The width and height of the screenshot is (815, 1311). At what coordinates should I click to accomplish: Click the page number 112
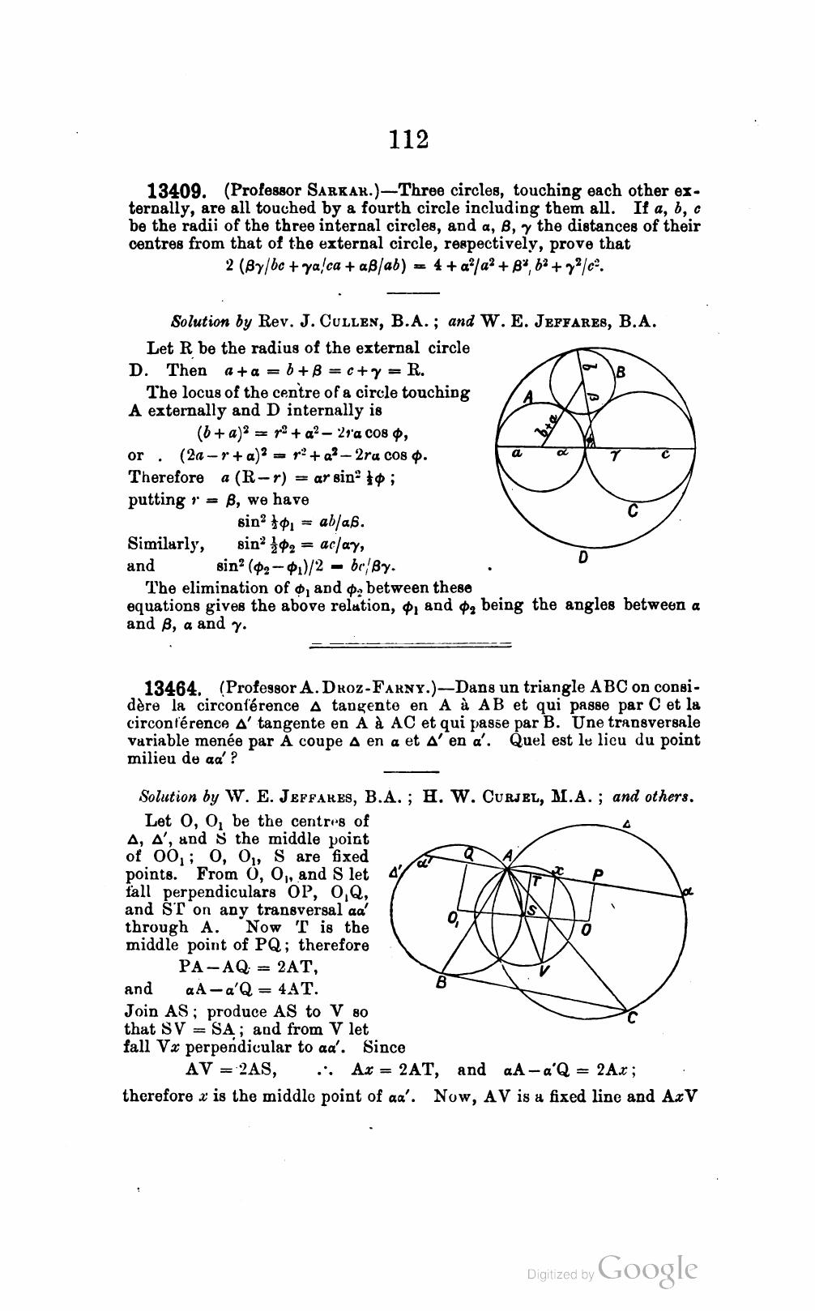click(x=407, y=139)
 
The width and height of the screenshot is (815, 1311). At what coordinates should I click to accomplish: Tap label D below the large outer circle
click(x=583, y=558)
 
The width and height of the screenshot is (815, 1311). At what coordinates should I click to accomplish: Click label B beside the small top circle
click(x=621, y=374)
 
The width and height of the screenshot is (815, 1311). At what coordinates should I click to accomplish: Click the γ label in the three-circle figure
click(x=615, y=455)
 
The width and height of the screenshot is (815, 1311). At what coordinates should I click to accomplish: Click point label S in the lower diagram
click(x=531, y=911)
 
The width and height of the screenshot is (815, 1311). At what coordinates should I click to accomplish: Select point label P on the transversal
click(x=598, y=873)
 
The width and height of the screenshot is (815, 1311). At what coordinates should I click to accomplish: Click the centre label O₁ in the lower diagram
click(x=451, y=919)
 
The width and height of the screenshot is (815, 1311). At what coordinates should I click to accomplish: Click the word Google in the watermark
click(x=647, y=1272)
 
